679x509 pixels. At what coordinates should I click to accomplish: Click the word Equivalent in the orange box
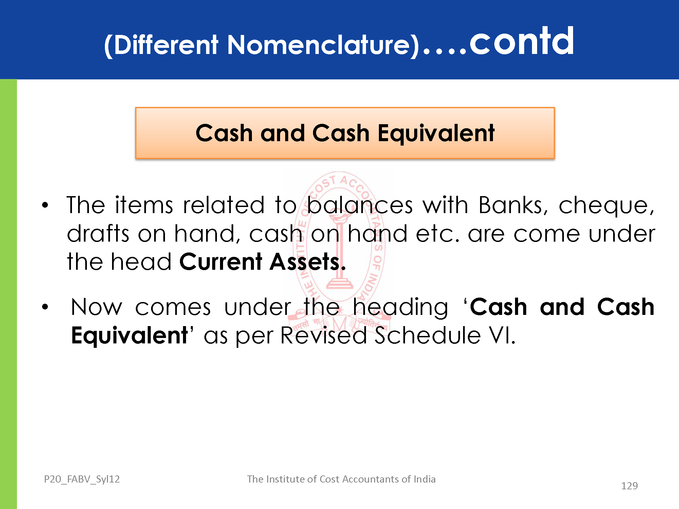tap(436, 133)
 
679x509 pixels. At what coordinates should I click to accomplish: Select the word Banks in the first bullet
tap(513, 205)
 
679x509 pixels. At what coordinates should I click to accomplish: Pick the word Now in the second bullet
tap(96, 307)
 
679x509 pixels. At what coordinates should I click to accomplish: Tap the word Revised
tap(324, 336)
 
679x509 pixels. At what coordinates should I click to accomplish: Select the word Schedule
tap(428, 335)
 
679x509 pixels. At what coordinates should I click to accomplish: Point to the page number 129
tap(629, 486)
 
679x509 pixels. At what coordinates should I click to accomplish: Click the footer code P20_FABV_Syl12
tap(82, 479)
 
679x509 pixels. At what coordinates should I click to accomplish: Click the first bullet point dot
tap(45, 205)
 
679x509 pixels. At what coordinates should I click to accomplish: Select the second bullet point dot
tap(45, 307)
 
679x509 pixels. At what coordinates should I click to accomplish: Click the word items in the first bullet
tap(144, 205)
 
